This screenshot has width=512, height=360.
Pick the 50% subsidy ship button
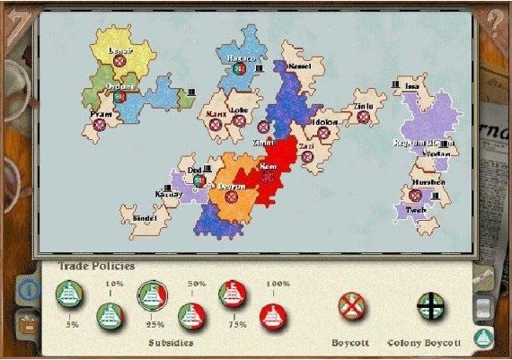coord(191,314)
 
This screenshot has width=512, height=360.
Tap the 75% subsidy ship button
coord(233,293)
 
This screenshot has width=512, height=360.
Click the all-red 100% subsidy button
coord(273,314)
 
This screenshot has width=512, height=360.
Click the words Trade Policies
coord(96,266)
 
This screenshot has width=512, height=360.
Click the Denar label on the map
coord(120,51)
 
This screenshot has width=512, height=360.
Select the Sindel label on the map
coord(145,218)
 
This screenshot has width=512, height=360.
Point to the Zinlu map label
coord(363,106)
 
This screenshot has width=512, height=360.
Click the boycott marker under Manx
coord(216,127)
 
